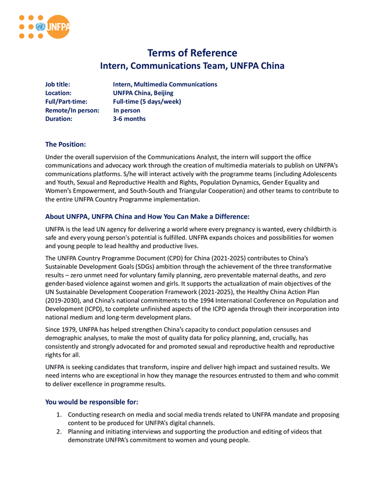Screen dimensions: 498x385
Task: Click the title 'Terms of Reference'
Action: click(192, 53)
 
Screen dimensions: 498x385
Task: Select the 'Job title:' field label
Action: click(58, 84)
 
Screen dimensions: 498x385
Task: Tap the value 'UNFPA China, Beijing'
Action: click(143, 93)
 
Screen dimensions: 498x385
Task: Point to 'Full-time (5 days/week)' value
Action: click(147, 102)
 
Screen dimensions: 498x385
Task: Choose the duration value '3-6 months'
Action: click(129, 118)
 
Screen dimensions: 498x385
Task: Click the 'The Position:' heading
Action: click(65, 144)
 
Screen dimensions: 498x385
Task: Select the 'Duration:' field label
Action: click(59, 118)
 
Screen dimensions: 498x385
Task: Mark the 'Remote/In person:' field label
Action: click(72, 110)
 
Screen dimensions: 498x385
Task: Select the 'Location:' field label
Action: click(58, 93)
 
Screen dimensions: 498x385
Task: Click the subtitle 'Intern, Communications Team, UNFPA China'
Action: click(192, 66)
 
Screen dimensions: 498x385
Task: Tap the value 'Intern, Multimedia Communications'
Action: click(164, 84)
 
